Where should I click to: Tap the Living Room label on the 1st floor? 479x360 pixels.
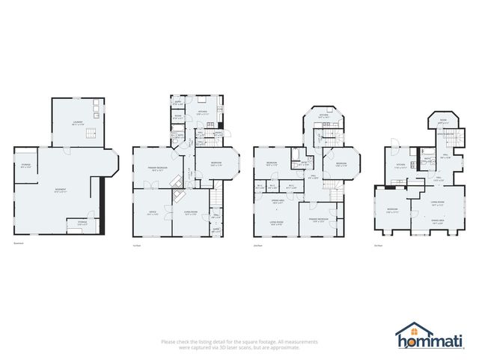(190, 213)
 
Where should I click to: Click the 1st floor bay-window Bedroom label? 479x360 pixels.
(216, 163)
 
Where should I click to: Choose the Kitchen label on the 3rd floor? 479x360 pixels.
(400, 166)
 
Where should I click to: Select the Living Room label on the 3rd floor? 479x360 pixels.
(438, 202)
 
